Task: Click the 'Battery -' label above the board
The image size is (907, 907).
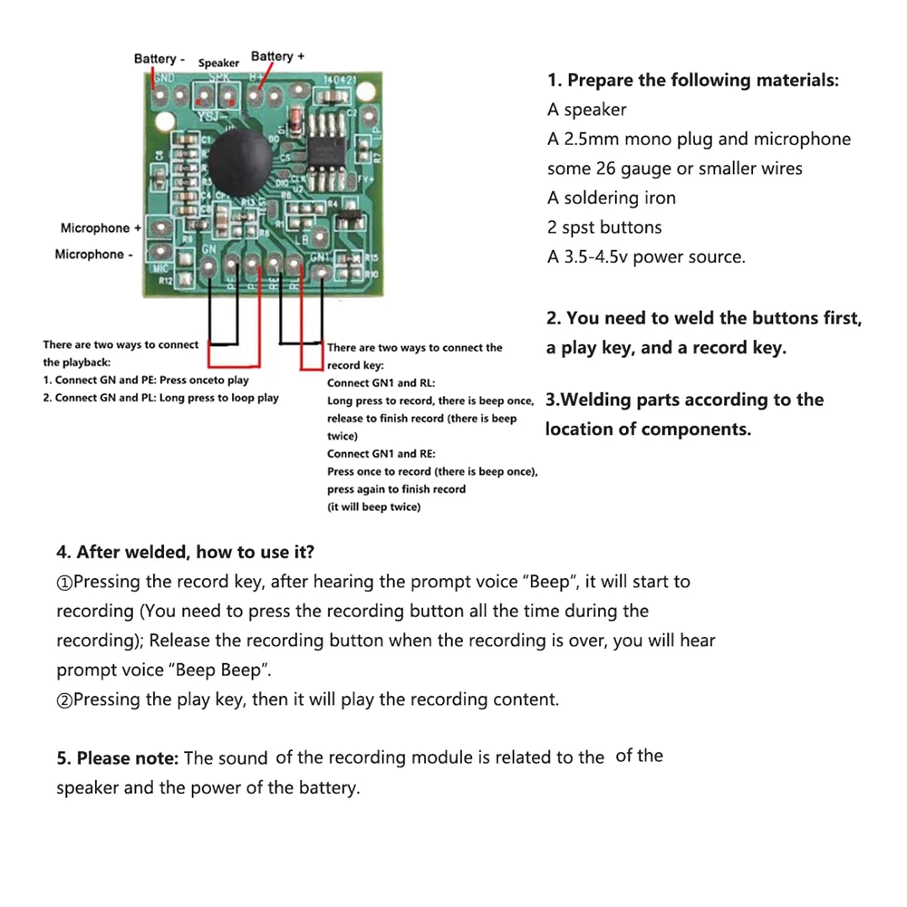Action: pos(159,59)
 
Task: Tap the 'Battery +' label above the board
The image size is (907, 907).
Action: pos(277,56)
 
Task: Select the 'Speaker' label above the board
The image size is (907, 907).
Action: pos(218,63)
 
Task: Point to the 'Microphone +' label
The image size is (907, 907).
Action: pos(101,228)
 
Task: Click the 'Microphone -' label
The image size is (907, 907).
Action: pos(93,255)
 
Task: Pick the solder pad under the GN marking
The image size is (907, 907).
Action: pos(209,266)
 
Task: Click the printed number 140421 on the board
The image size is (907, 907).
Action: pos(340,81)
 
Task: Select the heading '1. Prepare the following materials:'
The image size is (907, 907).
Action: pos(693,81)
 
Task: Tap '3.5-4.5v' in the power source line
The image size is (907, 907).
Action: pos(593,257)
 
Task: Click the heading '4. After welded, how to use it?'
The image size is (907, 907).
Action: pos(186,553)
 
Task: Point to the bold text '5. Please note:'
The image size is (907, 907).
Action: pos(118,758)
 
